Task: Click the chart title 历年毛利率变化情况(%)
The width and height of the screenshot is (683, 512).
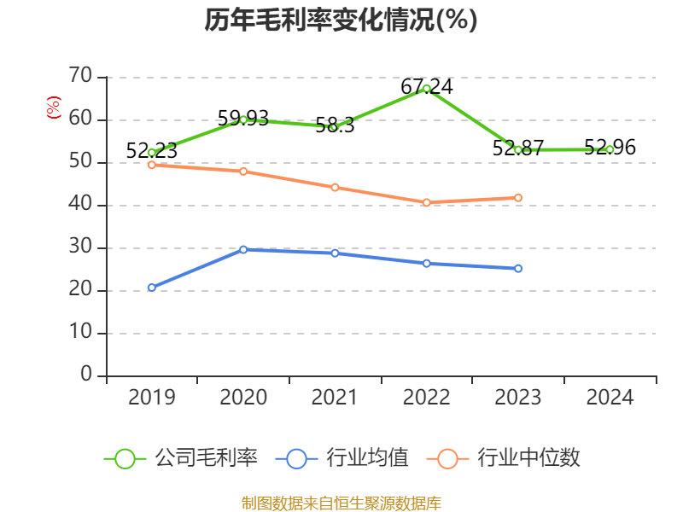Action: [341, 20]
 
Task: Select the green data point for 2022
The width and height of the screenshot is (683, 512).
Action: [426, 88]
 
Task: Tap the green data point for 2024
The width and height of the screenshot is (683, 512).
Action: [610, 149]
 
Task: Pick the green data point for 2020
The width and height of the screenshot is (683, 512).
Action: [243, 119]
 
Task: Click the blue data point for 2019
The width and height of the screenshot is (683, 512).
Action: [151, 288]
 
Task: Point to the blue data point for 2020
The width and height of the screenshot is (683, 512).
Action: [243, 249]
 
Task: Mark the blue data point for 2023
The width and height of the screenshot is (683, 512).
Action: [518, 268]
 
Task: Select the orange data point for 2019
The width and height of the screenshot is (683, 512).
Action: [151, 165]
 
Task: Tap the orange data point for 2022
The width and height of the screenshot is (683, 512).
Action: [426, 202]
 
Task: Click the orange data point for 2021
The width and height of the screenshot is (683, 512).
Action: [335, 187]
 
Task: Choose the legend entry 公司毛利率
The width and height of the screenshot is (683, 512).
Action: [181, 458]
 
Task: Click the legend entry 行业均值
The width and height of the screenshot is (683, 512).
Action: [342, 458]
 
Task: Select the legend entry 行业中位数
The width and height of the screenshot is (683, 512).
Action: [509, 458]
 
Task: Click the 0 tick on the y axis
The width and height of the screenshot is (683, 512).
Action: [85, 375]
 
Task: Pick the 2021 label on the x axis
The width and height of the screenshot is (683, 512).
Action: [335, 398]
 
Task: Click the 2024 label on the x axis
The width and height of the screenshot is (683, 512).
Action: [610, 398]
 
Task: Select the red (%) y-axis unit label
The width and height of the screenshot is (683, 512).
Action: [54, 108]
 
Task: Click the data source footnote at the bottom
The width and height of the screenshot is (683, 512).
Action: [341, 503]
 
